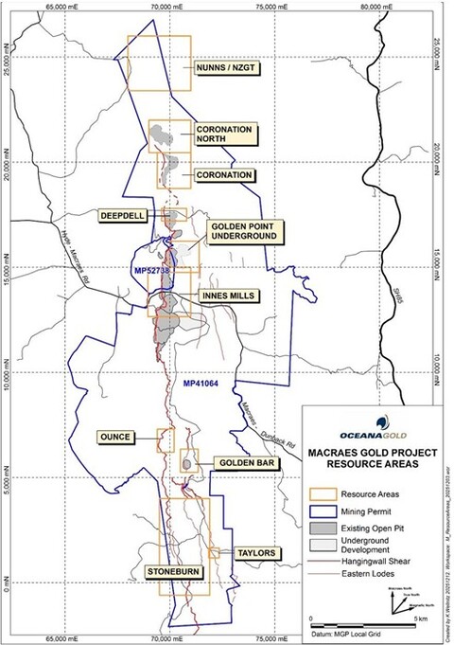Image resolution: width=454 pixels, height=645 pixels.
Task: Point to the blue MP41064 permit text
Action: (x=200, y=385)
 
